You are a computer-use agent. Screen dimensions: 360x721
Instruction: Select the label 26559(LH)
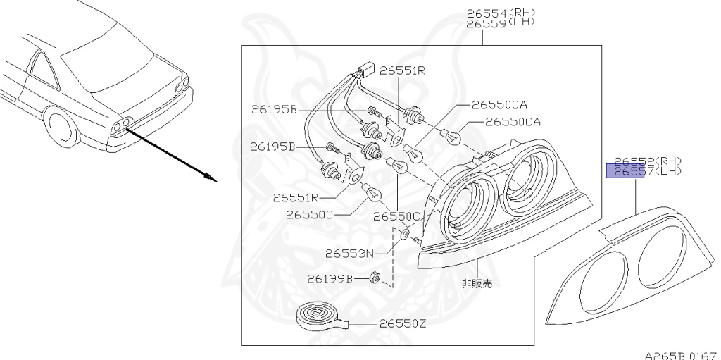point(501,23)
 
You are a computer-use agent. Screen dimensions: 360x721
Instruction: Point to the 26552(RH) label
point(647,161)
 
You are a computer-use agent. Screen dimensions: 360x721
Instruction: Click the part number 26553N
point(349,253)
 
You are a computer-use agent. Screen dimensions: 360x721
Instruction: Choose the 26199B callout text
point(330,278)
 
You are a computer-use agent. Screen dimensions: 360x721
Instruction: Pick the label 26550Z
point(403,324)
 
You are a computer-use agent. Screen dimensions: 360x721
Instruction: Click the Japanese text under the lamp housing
point(477,284)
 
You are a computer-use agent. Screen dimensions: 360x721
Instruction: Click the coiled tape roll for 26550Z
point(318,315)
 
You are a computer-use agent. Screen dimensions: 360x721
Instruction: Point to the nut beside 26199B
point(376,278)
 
